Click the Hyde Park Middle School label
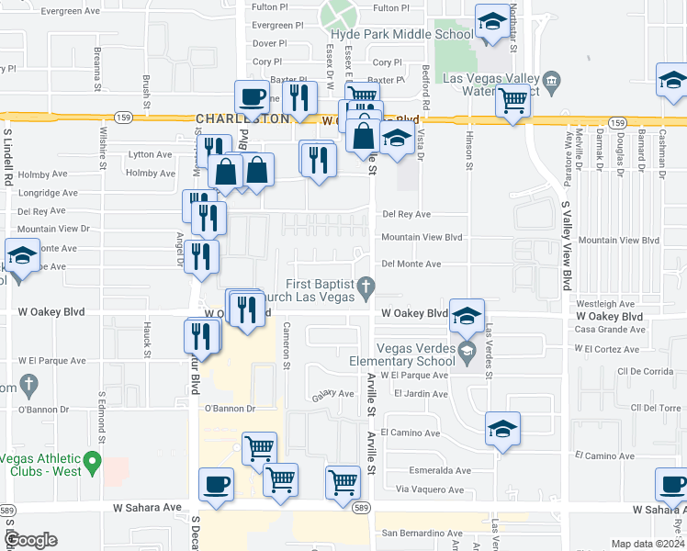(x=401, y=34)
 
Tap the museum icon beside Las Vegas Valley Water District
(x=551, y=80)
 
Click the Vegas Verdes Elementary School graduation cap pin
(x=467, y=350)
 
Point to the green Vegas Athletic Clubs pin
(x=91, y=459)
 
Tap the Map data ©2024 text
(x=648, y=544)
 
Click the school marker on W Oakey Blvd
(x=467, y=316)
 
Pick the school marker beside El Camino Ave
(x=502, y=429)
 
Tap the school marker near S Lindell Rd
(x=22, y=254)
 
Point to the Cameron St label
(x=287, y=345)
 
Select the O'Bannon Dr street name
(x=229, y=408)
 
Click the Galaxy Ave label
(x=332, y=393)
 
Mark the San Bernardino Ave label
(x=422, y=533)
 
